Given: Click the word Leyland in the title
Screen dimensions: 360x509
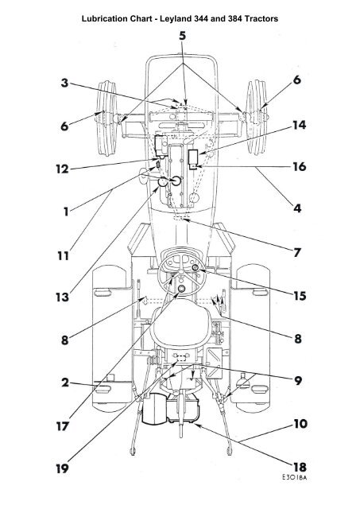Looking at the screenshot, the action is tap(175, 19).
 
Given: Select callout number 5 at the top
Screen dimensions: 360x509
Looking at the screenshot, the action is tap(183, 36).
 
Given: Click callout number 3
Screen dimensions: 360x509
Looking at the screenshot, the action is tap(65, 83).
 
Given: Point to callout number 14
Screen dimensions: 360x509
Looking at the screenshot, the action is tap(299, 126).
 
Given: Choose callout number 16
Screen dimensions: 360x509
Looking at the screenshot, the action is tap(299, 167).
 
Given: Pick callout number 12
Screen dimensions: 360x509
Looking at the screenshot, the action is tap(62, 169).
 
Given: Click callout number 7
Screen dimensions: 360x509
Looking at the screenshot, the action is tap(297, 252).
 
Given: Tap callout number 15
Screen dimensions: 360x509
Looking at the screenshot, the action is tap(299, 296).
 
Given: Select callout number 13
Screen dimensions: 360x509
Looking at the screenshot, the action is tap(62, 297).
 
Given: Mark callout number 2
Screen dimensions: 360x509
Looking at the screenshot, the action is tap(65, 383).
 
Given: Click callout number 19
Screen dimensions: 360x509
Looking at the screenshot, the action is tap(62, 468).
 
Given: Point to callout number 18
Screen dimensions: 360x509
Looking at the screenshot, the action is tap(300, 468).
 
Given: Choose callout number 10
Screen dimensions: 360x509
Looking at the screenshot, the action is tap(300, 424).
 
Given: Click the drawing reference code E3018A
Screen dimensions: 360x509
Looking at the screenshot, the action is tap(294, 477).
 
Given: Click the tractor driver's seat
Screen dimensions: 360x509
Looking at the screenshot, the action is tap(183, 324).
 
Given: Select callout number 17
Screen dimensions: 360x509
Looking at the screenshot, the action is tap(62, 426).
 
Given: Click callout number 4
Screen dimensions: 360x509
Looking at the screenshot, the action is tap(297, 208).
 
